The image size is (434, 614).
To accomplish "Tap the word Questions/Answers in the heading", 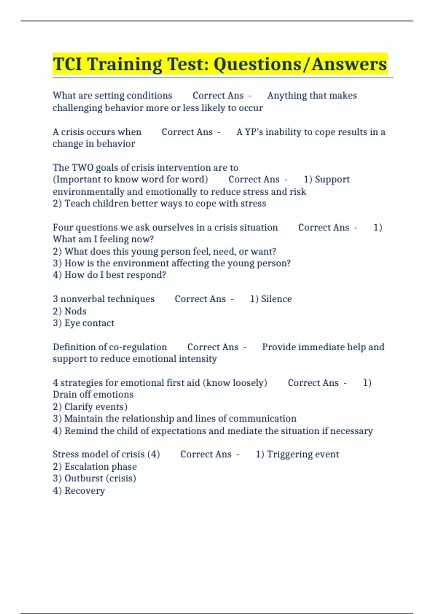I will click(x=300, y=64).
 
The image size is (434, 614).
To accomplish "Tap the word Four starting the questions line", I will click(x=63, y=228).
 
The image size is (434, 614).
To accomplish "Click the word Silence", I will click(x=276, y=299).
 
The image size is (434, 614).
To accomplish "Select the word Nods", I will click(x=76, y=311).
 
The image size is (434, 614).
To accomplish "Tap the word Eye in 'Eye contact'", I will click(x=71, y=323).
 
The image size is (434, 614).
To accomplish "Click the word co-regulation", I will click(x=138, y=347).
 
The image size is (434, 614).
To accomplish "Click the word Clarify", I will click(x=78, y=407).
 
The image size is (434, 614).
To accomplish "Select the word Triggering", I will click(x=285, y=454).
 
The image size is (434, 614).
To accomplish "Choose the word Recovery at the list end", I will click(x=85, y=491).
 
